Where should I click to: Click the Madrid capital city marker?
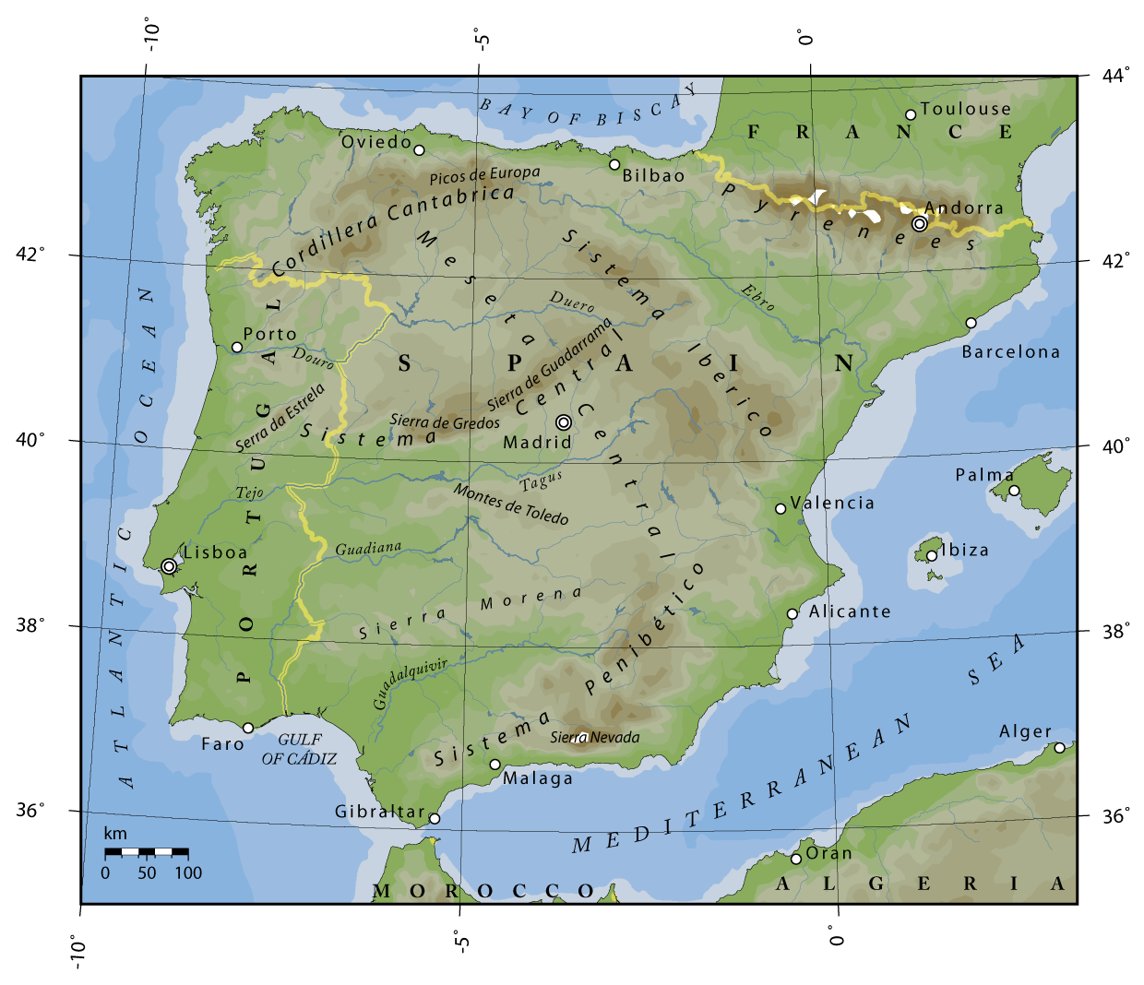(x=564, y=422)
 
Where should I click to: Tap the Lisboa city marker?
(x=169, y=566)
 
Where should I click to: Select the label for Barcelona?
(x=1010, y=351)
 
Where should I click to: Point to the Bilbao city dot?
(x=614, y=165)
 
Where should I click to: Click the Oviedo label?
(x=375, y=142)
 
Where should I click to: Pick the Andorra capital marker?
(x=919, y=224)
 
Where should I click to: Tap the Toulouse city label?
(x=965, y=109)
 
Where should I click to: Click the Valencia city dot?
(x=781, y=509)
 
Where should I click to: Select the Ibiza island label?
(x=964, y=550)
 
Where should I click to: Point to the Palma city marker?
(x=1014, y=491)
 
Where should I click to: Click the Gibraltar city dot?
(x=435, y=819)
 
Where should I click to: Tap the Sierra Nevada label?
(x=594, y=737)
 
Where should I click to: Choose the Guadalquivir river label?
(x=410, y=683)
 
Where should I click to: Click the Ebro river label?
(x=758, y=297)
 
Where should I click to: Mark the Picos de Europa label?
(x=484, y=174)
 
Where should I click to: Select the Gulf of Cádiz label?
(x=299, y=749)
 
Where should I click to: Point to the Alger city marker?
(x=1059, y=748)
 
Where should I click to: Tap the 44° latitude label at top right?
(x=1115, y=76)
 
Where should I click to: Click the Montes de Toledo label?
(x=510, y=504)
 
